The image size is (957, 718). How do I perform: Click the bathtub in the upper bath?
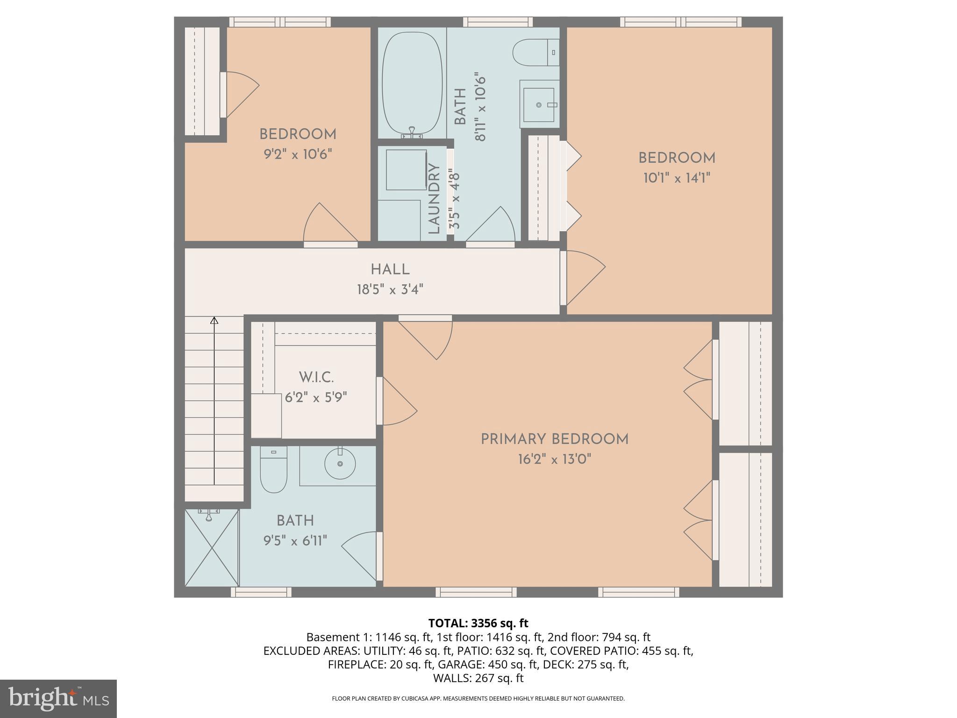click(412, 84)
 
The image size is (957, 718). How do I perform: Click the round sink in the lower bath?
click(340, 463)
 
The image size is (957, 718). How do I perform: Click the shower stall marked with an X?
click(212, 547)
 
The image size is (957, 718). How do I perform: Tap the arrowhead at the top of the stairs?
click(214, 320)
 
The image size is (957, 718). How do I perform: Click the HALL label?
click(390, 269)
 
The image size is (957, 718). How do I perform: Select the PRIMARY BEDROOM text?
click(554, 439)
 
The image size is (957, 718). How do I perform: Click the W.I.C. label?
click(316, 377)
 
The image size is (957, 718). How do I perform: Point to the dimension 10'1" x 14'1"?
click(677, 178)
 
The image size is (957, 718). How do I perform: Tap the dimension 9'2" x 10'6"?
click(298, 154)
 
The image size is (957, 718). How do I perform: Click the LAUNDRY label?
click(434, 199)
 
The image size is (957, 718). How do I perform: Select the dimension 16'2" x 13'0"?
click(554, 460)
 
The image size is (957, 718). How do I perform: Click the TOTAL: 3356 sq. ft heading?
click(478, 623)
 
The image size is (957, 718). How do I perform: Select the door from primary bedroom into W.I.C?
click(397, 402)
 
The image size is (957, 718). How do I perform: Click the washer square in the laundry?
click(406, 170)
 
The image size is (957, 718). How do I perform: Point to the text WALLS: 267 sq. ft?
click(478, 678)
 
